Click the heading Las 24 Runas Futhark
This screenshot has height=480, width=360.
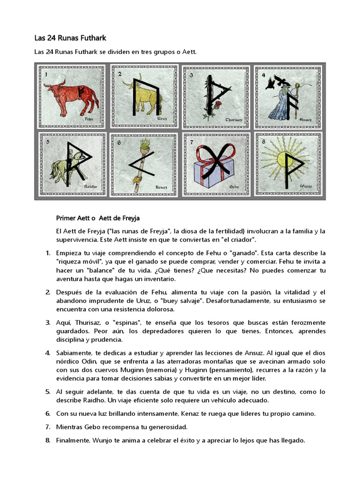pyautogui.click(x=73, y=37)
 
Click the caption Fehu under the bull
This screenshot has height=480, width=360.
pyautogui.click(x=90, y=120)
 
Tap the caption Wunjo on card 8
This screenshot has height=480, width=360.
pyautogui.click(x=306, y=186)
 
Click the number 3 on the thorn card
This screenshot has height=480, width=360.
pyautogui.click(x=191, y=75)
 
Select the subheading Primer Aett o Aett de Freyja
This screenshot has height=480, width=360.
pyautogui.click(x=97, y=218)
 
